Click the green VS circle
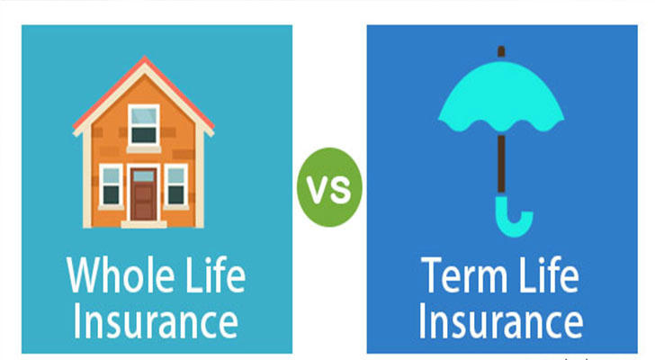[x=329, y=187]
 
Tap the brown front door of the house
[x=144, y=194]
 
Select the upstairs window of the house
[x=144, y=125]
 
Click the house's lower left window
[x=112, y=185]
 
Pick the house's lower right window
[x=175, y=185]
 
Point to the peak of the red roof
[x=145, y=57]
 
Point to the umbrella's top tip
[x=501, y=48]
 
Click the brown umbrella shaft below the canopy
[x=501, y=165]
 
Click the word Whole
[x=121, y=275]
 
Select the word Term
[x=463, y=275]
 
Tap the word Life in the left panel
[x=215, y=274]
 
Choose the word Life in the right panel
[x=549, y=274]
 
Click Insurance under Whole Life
[x=156, y=321]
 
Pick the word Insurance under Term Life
[x=500, y=321]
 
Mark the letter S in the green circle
[x=340, y=190]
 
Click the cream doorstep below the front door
[x=144, y=224]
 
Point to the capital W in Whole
[x=82, y=275]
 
